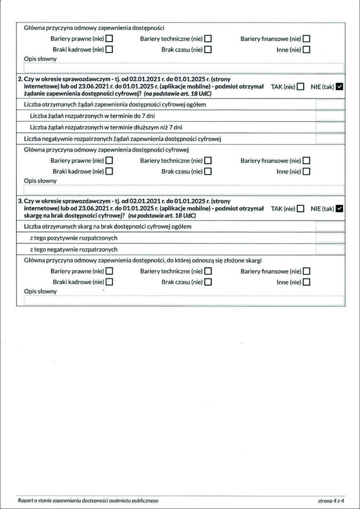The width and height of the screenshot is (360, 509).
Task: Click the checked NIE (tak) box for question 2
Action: point(340,87)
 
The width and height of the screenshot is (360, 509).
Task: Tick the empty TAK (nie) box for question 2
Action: point(300,87)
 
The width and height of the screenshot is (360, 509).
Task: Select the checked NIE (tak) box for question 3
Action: point(340,209)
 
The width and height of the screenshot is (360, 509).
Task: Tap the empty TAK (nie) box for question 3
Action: point(300,209)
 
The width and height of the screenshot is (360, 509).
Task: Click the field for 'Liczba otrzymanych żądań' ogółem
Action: point(330,105)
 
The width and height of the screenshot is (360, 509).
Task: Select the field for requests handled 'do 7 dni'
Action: point(330,116)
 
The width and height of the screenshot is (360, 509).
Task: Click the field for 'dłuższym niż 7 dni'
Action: point(330,127)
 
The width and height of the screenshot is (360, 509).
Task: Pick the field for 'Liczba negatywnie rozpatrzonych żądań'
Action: point(330,138)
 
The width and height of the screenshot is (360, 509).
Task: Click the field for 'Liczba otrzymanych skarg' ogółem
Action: point(330,227)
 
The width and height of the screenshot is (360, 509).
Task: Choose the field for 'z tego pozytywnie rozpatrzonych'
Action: point(330,238)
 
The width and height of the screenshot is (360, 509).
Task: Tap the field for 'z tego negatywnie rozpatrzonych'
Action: point(330,249)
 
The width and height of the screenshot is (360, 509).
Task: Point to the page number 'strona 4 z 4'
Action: point(331,501)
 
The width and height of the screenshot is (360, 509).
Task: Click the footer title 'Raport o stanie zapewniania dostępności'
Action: point(88,501)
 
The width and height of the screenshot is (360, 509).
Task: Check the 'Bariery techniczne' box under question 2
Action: point(208,161)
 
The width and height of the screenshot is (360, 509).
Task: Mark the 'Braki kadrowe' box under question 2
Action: point(109,172)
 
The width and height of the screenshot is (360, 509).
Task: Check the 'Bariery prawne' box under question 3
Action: point(109,271)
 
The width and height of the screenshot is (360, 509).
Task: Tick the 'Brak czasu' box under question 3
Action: point(208,282)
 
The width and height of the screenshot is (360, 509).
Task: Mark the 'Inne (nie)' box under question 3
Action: point(307,282)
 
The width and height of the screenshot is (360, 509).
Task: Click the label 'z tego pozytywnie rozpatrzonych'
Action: point(74,238)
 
